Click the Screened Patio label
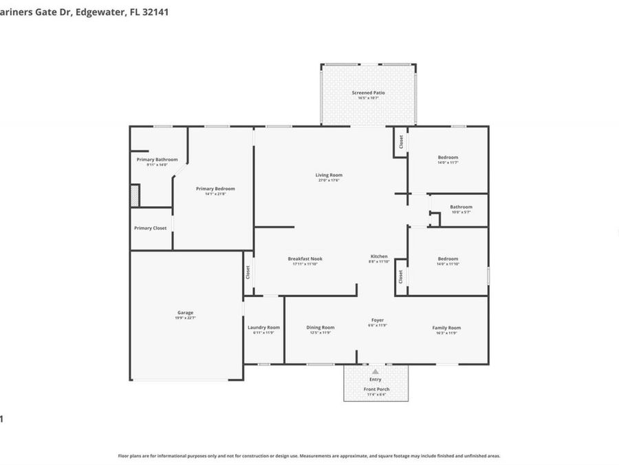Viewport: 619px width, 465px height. point(368,93)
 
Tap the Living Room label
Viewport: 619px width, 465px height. point(329,175)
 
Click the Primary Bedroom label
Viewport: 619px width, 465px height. point(215,189)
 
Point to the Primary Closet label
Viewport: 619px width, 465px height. point(150,228)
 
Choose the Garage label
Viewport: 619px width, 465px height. point(186,313)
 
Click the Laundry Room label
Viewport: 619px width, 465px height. point(263,327)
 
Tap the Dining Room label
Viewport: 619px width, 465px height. point(321,327)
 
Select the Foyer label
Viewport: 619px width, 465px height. point(378,320)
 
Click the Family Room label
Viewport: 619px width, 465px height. point(446,327)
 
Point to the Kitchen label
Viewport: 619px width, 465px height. point(379,256)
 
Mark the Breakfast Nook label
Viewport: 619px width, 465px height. point(305,259)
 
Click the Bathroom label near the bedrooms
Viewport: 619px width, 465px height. point(461,207)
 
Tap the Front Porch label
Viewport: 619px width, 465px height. point(376,389)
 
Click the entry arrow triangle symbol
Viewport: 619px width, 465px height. point(376,371)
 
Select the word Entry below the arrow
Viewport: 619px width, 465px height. point(376,380)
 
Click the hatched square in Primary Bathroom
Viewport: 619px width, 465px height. point(135,195)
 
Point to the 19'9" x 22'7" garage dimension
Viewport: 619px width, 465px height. point(186,318)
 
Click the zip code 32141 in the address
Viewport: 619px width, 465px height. point(155,12)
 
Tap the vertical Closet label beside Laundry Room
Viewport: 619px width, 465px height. point(248,273)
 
